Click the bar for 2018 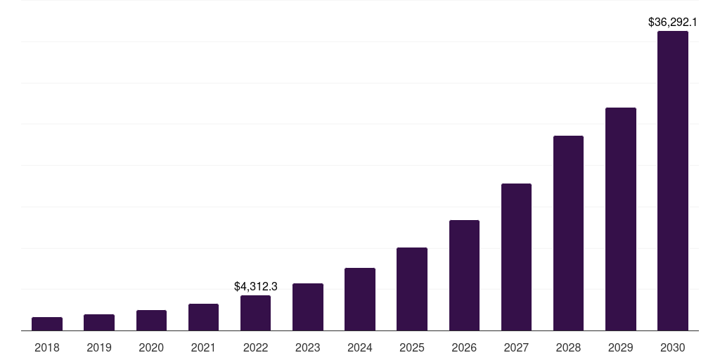pyautogui.click(x=47, y=323)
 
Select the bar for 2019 pyautogui.click(x=99, y=322)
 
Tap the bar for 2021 pyautogui.click(x=203, y=317)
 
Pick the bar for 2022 pyautogui.click(x=255, y=313)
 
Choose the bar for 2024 pyautogui.click(x=360, y=299)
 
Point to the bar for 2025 pyautogui.click(x=412, y=289)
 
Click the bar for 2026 pyautogui.click(x=464, y=275)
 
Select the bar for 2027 pyautogui.click(x=516, y=257)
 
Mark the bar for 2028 pyautogui.click(x=568, y=233)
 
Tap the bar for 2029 pyautogui.click(x=620, y=219)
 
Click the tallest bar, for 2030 pyautogui.click(x=673, y=181)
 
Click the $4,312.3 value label pyautogui.click(x=255, y=287)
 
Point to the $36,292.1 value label pyautogui.click(x=673, y=22)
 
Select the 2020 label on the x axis pyautogui.click(x=151, y=347)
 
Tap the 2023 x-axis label pyautogui.click(x=308, y=347)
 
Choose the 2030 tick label pyautogui.click(x=673, y=347)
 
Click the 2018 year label pyautogui.click(x=47, y=347)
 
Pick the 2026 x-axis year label pyautogui.click(x=464, y=347)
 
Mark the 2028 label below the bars pyautogui.click(x=568, y=347)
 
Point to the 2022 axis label pyautogui.click(x=255, y=347)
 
